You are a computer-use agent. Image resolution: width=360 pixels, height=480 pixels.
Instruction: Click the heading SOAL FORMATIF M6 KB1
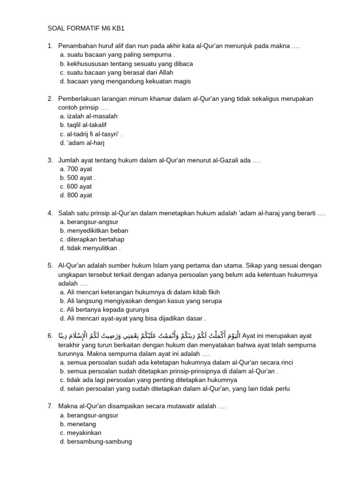pyautogui.click(x=86, y=28)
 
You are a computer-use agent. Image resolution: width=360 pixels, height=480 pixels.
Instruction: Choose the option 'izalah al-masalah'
pyautogui.click(x=89, y=116)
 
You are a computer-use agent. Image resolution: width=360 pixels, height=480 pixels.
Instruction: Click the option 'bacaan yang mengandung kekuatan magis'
pyautogui.click(x=125, y=81)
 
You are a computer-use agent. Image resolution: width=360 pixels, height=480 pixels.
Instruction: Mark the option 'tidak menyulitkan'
pyautogui.click(x=90, y=248)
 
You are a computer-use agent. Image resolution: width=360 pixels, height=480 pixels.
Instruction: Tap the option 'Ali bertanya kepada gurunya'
pyautogui.click(x=104, y=309)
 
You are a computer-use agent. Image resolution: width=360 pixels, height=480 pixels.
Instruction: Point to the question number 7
pyautogui.click(x=50, y=406)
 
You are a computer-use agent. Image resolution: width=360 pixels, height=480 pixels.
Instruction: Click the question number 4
pyautogui.click(x=50, y=213)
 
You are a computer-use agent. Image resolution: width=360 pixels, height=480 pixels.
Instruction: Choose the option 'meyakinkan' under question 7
pyautogui.click(x=80, y=433)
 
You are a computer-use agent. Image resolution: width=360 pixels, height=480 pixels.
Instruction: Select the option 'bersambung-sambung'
pyautogui.click(x=96, y=442)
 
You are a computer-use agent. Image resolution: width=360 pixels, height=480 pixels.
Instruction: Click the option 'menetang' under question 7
pyautogui.click(x=78, y=424)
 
